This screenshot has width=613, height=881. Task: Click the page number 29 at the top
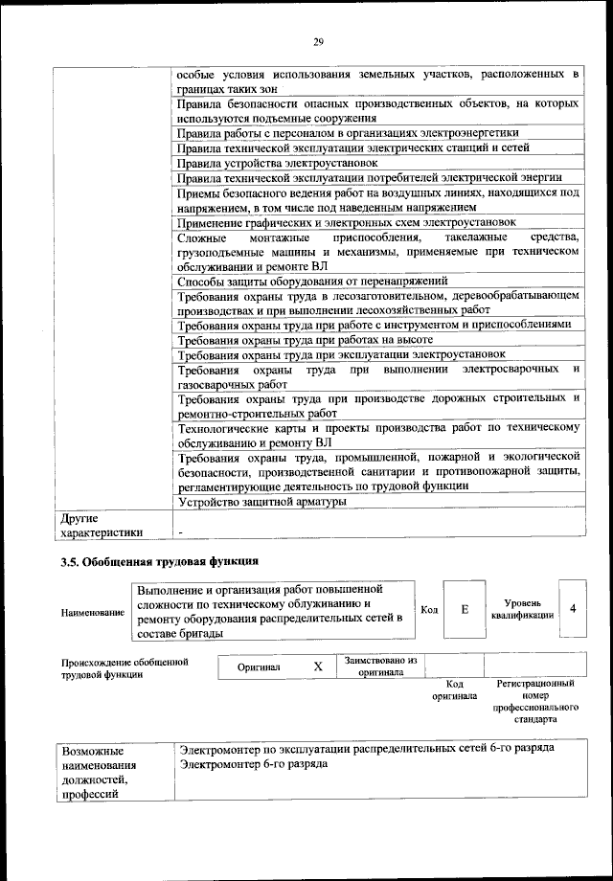[x=318, y=40]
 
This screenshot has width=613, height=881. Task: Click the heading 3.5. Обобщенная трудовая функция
[x=159, y=560]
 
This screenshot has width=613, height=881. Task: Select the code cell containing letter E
[x=465, y=609]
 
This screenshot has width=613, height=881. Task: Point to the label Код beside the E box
[x=429, y=610]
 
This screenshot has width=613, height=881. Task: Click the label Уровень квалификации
[x=523, y=609]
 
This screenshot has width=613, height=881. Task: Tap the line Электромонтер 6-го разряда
[x=254, y=764]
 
